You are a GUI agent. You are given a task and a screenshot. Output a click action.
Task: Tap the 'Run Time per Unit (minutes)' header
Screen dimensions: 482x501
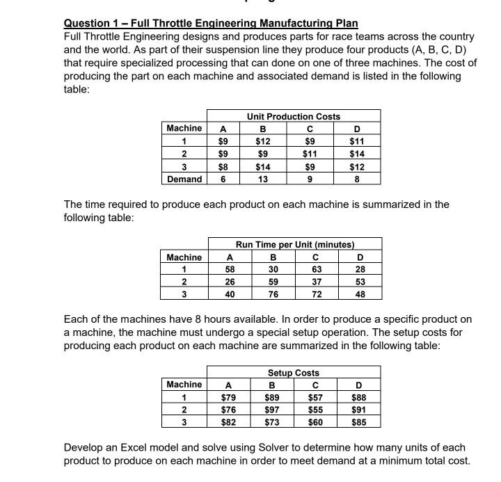pos(295,244)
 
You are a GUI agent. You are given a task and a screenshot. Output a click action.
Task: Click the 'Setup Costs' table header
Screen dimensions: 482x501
pos(293,372)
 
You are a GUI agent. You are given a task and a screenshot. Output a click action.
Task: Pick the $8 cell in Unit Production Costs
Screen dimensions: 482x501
pos(222,167)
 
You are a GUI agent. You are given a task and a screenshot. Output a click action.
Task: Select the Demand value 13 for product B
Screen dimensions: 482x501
pos(263,179)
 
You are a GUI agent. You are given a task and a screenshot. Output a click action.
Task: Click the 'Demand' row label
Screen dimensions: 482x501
pos(184,179)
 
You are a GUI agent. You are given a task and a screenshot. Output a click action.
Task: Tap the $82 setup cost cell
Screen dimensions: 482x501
pos(225,422)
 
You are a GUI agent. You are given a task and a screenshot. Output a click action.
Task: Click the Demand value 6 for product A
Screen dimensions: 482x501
pos(222,179)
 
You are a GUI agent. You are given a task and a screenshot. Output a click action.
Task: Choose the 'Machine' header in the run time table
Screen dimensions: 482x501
pos(184,257)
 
